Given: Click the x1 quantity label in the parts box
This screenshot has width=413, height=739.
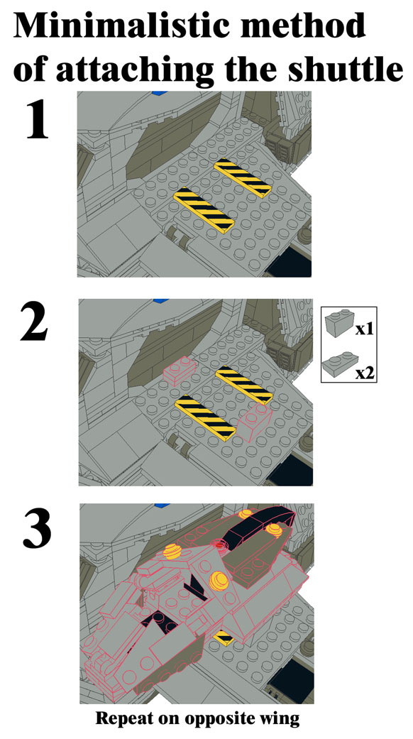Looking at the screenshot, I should click(x=364, y=329).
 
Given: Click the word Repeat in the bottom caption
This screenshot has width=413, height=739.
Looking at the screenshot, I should click(x=120, y=718).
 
